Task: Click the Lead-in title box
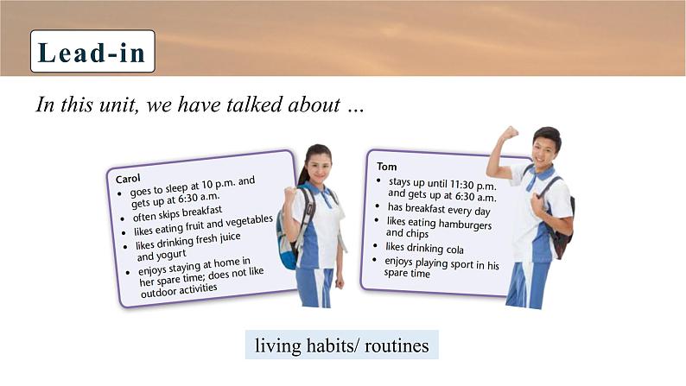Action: point(92,51)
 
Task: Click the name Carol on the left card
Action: point(128,179)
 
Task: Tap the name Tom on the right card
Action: point(387,167)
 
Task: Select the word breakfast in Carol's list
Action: point(202,212)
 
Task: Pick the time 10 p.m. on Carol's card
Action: point(218,184)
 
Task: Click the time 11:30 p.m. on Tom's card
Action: point(473,185)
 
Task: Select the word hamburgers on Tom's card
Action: point(465,225)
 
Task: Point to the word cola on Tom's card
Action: point(454,250)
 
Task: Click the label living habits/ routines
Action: point(341,345)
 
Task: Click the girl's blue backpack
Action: point(287,238)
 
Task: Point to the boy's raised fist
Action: point(509,132)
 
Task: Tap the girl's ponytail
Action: point(304,170)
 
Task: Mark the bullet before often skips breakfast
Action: point(123,219)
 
